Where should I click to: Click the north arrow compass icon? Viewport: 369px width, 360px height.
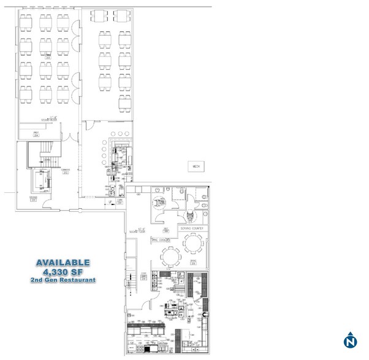350,340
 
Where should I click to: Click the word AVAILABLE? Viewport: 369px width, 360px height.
63,263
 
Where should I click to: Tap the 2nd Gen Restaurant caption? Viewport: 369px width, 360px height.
63,280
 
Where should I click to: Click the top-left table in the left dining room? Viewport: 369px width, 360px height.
26,22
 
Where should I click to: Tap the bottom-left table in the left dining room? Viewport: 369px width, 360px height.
26,93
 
